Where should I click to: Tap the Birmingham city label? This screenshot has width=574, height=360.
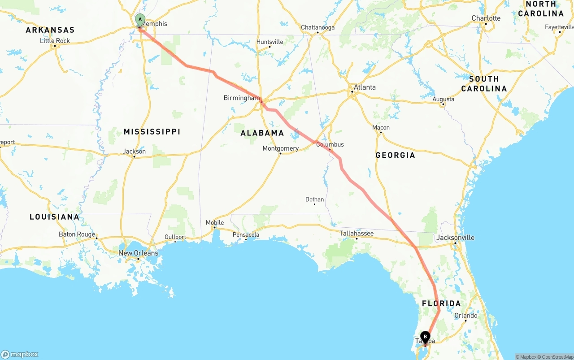click(x=241, y=98)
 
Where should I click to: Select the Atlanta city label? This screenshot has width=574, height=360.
click(x=365, y=87)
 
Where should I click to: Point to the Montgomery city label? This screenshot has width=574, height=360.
click(x=280, y=148)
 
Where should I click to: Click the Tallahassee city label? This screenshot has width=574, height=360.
click(x=356, y=233)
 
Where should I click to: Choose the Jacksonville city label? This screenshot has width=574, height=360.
click(x=455, y=238)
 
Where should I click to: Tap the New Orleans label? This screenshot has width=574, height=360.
click(x=138, y=253)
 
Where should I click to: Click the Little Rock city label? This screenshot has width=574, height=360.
click(x=55, y=41)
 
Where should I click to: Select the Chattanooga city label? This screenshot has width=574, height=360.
click(x=317, y=27)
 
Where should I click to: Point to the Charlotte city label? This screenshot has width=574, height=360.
click(x=486, y=18)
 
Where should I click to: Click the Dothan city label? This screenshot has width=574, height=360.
click(x=314, y=200)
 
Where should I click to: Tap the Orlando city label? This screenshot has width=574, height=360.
click(x=465, y=316)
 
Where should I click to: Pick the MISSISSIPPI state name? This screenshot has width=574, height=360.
click(x=152, y=131)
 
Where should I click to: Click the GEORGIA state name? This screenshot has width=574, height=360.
click(x=395, y=155)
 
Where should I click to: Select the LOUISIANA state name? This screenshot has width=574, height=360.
click(x=54, y=217)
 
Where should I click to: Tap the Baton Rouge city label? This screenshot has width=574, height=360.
click(x=77, y=234)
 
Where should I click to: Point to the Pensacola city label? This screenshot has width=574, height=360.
click(x=246, y=234)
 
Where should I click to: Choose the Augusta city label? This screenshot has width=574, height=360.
click(x=443, y=99)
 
